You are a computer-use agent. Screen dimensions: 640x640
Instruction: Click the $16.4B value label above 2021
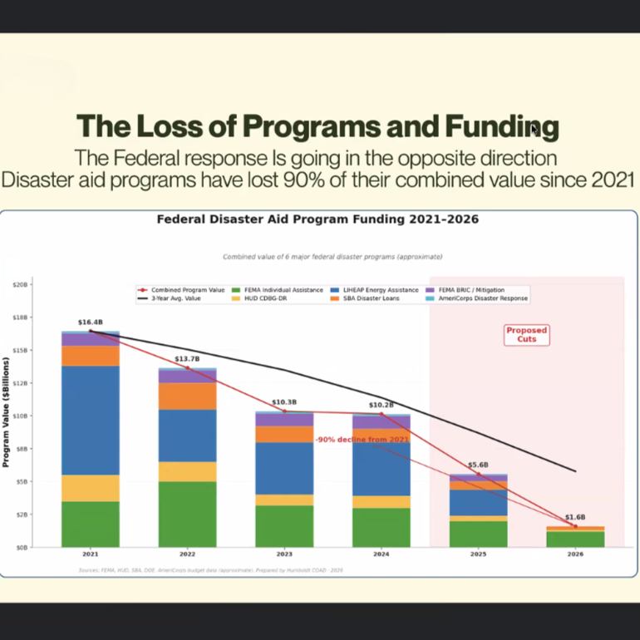point(90,322)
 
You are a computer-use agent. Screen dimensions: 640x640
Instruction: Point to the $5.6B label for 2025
point(478,465)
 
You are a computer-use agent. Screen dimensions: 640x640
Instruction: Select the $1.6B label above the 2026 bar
point(575,517)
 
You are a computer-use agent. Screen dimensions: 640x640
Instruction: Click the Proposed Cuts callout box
point(527,334)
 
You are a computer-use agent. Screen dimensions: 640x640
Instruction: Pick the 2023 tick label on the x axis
point(284,554)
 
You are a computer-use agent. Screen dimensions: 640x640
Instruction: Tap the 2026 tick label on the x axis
point(575,554)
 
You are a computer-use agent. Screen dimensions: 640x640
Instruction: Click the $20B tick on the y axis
point(21,284)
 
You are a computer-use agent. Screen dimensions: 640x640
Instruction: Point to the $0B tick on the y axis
point(22,547)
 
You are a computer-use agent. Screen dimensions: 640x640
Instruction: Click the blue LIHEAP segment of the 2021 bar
point(90,420)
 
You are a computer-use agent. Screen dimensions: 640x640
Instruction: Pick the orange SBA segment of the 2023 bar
point(284,434)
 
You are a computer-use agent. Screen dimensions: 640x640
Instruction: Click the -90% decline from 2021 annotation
point(362,439)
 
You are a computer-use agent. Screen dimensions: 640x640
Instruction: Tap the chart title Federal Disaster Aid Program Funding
point(318,219)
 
